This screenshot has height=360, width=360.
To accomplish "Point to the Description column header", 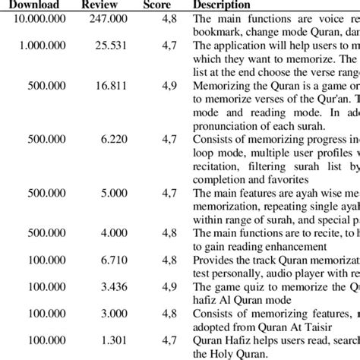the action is click(x=221, y=5).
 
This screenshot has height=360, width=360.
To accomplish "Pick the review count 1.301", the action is click(x=108, y=341).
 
